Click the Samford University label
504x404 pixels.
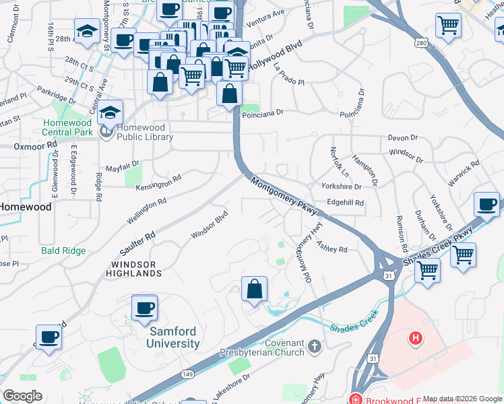pos(174,337)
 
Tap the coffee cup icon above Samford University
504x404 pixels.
pos(144,308)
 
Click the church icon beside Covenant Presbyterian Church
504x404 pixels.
pos(314,347)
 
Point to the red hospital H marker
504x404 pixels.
pos(416,337)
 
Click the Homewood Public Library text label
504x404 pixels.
pos(145,132)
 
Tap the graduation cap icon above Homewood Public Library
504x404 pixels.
pos(111,112)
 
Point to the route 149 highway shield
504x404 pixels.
pos(188,375)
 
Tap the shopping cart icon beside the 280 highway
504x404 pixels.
pos(448,26)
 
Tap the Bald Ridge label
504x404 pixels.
pos(63,250)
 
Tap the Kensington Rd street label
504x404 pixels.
pos(159,183)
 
